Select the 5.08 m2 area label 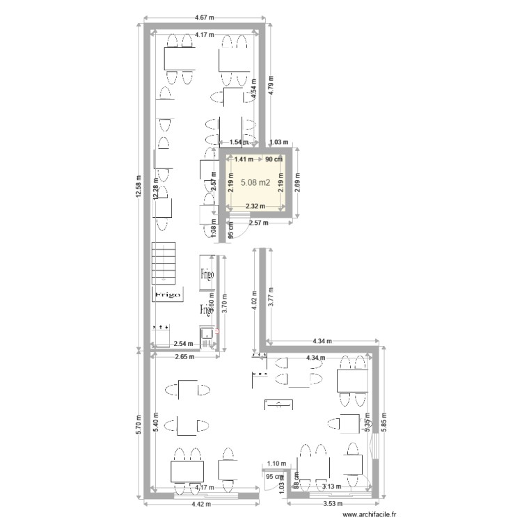tap(255, 183)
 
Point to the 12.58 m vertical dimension tap(139, 186)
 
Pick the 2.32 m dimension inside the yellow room tap(255, 206)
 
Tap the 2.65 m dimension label tap(184, 358)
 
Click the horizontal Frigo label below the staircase tap(168, 295)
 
